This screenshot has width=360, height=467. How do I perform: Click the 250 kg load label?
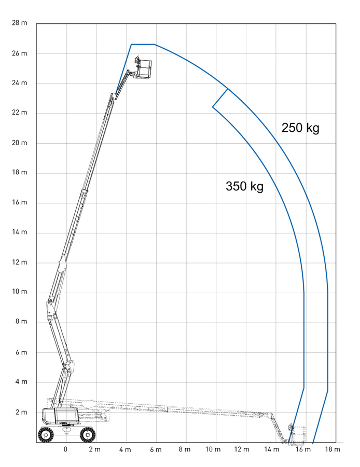click(x=300, y=128)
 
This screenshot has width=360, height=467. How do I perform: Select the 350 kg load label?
click(x=244, y=186)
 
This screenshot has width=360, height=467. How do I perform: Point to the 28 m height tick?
click(x=19, y=23)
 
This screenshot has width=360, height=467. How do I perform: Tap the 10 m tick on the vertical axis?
click(x=19, y=292)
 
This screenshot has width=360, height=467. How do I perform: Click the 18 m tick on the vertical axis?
click(x=19, y=172)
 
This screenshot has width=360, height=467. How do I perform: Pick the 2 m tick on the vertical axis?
click(x=21, y=412)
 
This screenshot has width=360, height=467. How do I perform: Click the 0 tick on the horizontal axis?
click(x=65, y=449)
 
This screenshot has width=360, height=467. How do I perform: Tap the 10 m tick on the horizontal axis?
click(x=214, y=449)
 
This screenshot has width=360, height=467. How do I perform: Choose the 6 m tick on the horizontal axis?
click(x=155, y=449)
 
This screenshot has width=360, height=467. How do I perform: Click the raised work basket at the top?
click(x=143, y=69)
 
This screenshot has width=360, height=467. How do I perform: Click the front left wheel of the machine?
click(x=46, y=434)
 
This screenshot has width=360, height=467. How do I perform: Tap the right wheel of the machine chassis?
click(x=87, y=434)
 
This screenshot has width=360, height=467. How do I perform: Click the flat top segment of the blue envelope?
click(x=143, y=45)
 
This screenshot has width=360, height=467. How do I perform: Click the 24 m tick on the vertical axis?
click(x=19, y=83)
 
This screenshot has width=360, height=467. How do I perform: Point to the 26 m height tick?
click(x=19, y=53)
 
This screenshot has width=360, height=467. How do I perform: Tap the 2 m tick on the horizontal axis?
click(x=95, y=449)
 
